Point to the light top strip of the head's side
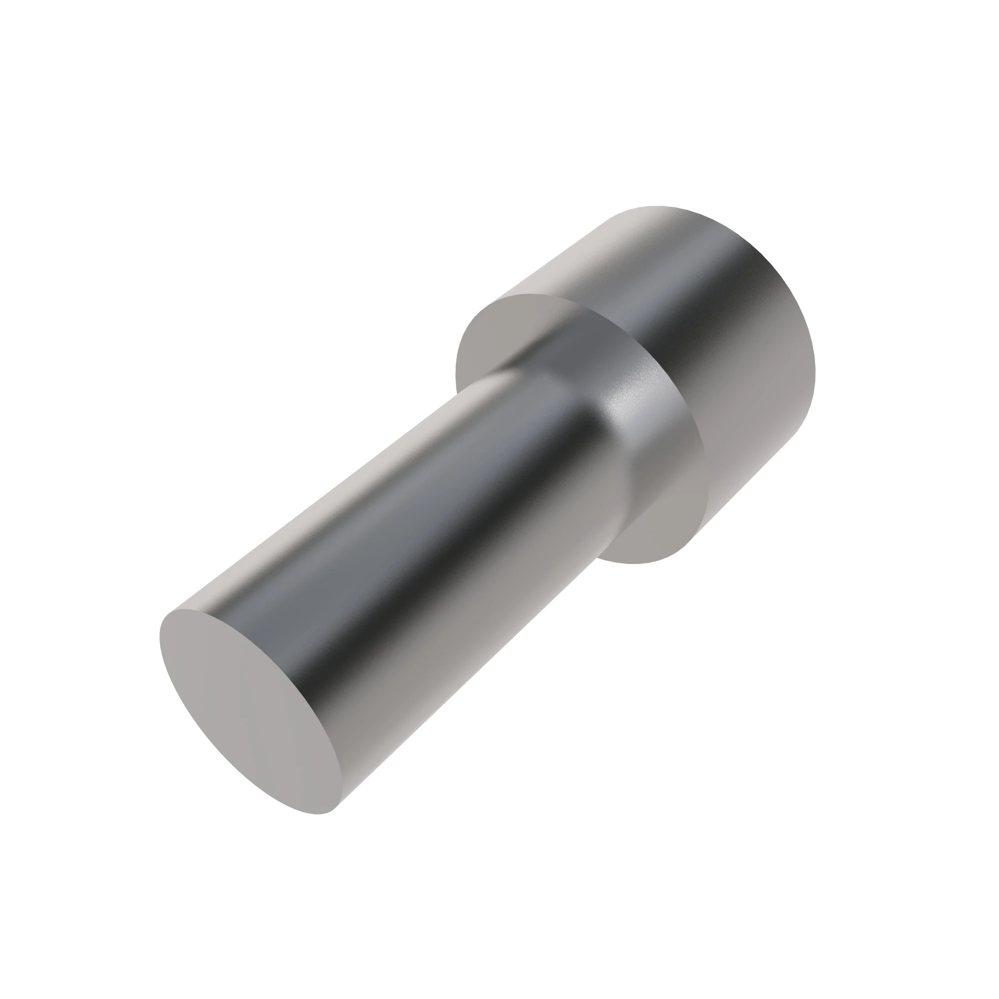[584, 248]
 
